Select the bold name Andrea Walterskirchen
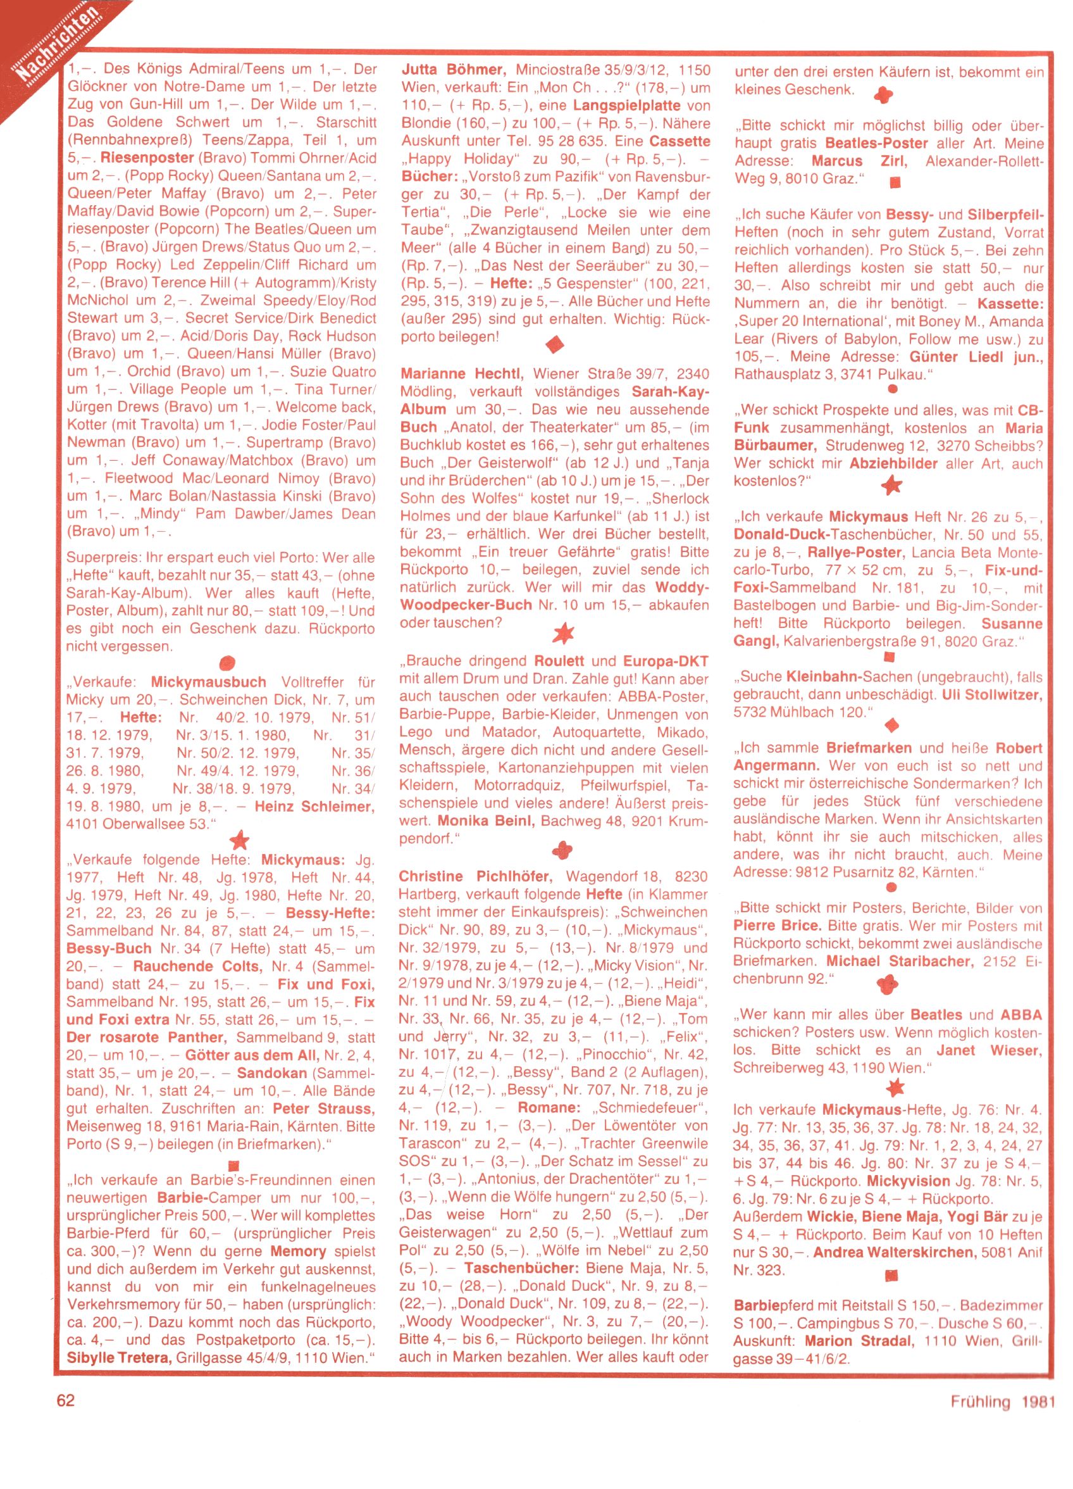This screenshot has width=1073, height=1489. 895,1252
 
